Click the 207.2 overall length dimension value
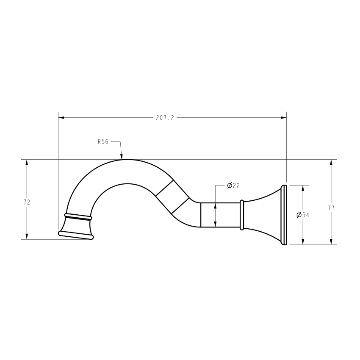point(165,118)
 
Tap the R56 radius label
point(102,142)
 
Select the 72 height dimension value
point(27,202)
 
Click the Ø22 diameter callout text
point(233,186)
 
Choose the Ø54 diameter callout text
point(303,215)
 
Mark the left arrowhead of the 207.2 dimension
point(61,118)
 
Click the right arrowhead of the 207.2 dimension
point(284,118)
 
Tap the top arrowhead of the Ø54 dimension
point(303,188)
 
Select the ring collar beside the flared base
point(242,215)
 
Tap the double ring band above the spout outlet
point(78,217)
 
